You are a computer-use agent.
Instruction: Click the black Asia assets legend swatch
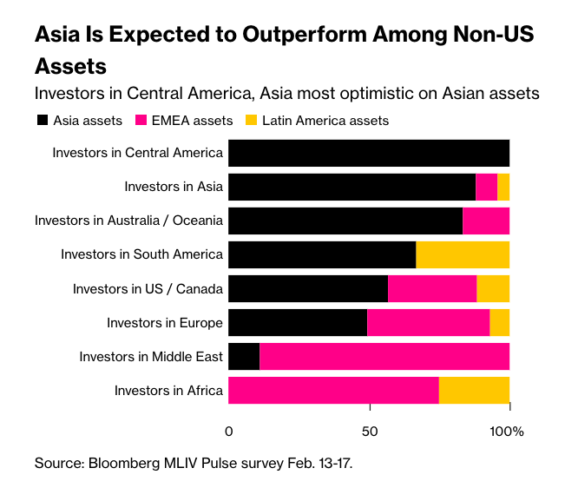(x=42, y=121)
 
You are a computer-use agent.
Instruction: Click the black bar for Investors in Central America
(x=368, y=153)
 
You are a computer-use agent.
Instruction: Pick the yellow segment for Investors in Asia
(x=503, y=187)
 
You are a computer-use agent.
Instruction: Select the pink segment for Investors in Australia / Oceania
(x=486, y=221)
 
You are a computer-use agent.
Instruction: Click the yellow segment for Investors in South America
(x=463, y=254)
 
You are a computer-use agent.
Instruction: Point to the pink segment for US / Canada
(x=432, y=288)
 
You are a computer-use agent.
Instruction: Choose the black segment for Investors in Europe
(x=298, y=322)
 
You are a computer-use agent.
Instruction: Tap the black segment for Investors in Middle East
(x=244, y=356)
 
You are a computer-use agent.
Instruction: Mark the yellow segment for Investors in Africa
(x=474, y=390)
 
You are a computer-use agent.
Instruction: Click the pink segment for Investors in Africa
(x=333, y=390)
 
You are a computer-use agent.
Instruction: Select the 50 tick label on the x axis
(x=370, y=432)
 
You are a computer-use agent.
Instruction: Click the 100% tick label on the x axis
(x=508, y=432)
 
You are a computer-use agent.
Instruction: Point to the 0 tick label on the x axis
(x=229, y=432)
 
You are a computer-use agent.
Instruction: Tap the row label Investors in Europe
(x=165, y=323)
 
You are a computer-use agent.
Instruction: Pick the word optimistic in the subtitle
(x=383, y=93)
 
